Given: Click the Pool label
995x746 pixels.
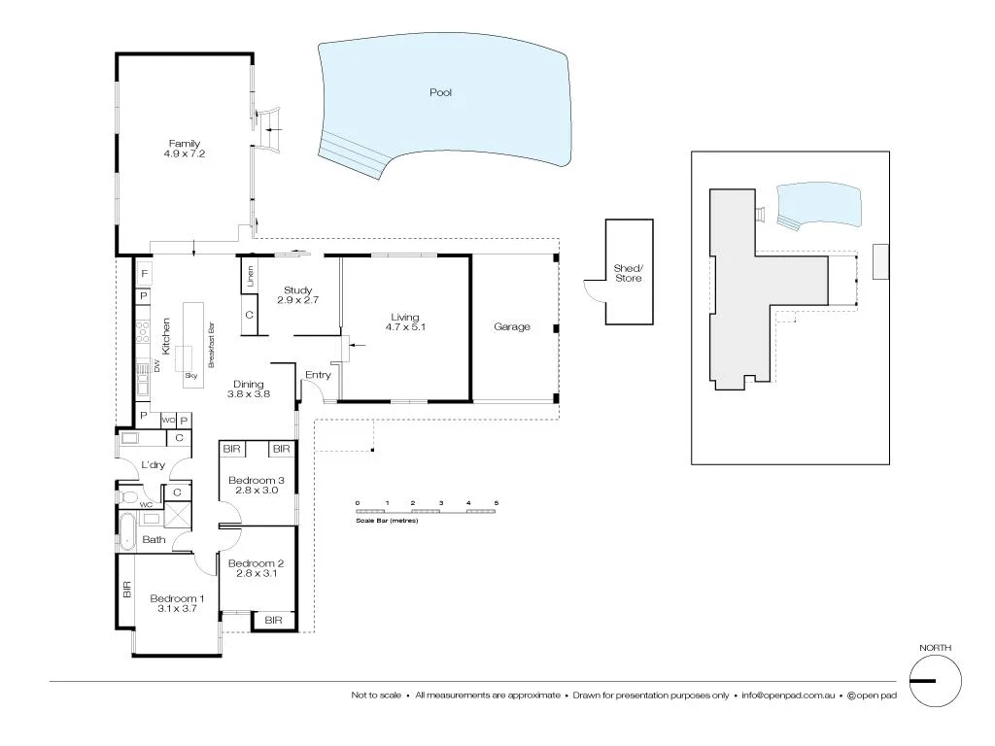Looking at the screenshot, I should pos(441,93).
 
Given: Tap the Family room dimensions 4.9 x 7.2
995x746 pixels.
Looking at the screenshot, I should pos(185,153).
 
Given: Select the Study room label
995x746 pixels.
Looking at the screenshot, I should pos(296,290).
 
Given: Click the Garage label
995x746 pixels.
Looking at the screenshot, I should pos(512,327).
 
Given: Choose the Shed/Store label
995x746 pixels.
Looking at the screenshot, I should pos(628,273).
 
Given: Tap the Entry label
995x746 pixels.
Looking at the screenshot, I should pos(318,375).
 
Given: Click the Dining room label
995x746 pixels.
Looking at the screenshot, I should pos(248,384).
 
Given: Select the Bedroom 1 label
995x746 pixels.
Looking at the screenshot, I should pos(177,598).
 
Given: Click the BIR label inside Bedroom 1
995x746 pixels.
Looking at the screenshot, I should pos(126,589).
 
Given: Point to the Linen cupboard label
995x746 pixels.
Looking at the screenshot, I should pos(250,275).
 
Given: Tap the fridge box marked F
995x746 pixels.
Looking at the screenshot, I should pos(143,275).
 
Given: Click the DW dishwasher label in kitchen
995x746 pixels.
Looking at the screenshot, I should pos(155,365).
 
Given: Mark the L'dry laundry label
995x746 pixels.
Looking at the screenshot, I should pos(152,465).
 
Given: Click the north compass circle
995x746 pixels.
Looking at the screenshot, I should pos(935,680).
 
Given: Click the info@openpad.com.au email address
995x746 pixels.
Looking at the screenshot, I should pos(789,695).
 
